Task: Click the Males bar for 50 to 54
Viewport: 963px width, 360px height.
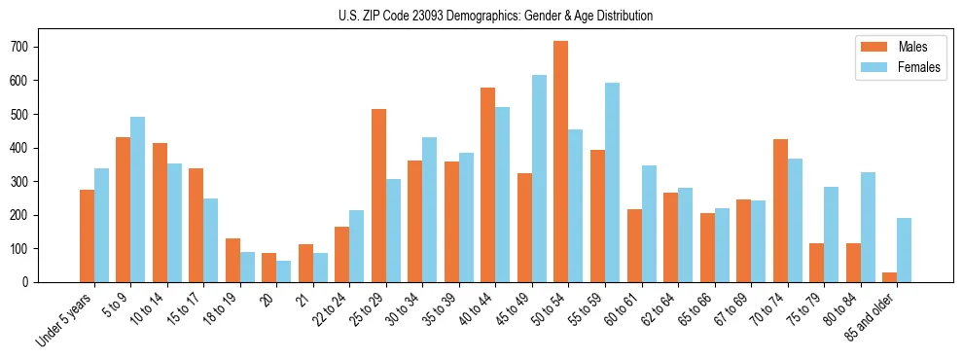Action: (561, 162)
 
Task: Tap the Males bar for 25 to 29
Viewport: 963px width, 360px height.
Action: (379, 196)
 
